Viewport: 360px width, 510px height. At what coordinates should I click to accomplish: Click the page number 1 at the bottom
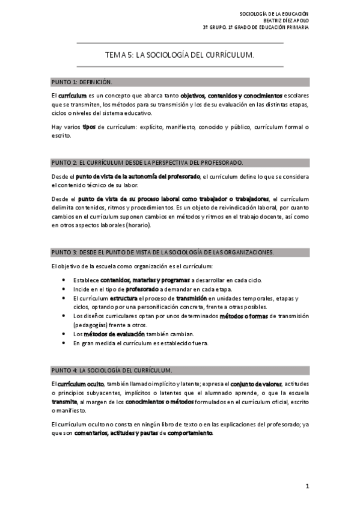[307, 485]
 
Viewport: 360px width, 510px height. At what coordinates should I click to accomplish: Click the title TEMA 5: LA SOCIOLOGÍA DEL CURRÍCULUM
[180, 54]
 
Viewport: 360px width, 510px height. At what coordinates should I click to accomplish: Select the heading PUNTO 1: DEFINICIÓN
[82, 82]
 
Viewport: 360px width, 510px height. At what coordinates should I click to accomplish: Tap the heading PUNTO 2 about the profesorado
[147, 162]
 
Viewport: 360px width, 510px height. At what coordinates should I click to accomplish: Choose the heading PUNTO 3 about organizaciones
[162, 252]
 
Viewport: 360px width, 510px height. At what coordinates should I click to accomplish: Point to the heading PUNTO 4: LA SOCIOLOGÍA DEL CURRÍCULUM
[112, 369]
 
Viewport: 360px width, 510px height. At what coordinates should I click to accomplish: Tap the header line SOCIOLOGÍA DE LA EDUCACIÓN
[274, 13]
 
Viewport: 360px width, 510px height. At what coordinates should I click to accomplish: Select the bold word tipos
[89, 127]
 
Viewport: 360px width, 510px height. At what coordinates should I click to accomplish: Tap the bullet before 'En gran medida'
[64, 343]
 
